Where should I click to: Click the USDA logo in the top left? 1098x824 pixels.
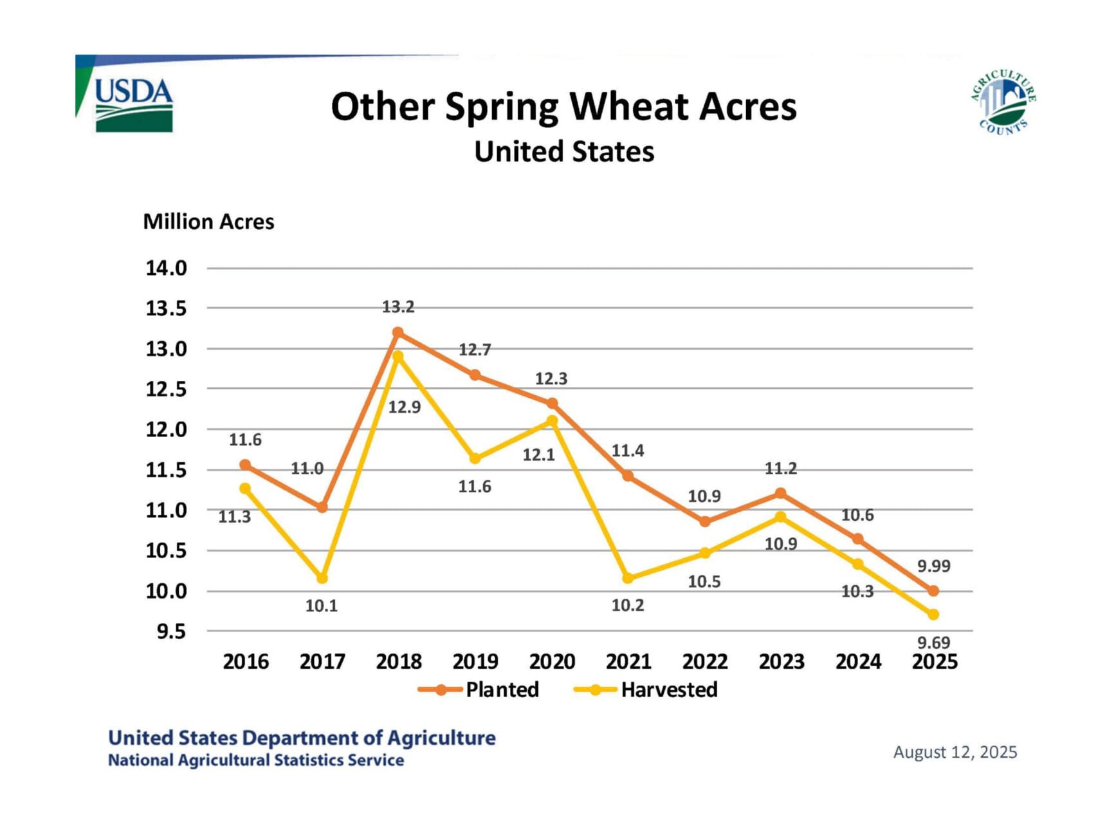(x=133, y=104)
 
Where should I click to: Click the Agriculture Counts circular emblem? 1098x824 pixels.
(x=1003, y=102)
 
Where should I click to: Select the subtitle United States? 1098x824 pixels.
(x=564, y=152)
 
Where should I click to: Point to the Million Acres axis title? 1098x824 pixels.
(x=208, y=221)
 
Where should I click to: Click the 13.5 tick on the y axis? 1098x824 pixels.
(x=166, y=308)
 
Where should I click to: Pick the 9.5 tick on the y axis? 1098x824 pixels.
(x=171, y=632)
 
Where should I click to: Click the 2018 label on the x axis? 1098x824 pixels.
(x=399, y=662)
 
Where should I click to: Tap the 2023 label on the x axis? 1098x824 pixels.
(x=782, y=662)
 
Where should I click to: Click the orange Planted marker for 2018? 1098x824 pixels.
(x=398, y=333)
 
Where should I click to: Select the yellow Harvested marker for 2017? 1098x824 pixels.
(x=322, y=578)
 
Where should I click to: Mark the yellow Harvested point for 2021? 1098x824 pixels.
(x=628, y=578)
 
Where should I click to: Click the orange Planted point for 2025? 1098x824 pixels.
(x=933, y=590)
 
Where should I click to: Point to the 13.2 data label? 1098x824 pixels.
(x=398, y=307)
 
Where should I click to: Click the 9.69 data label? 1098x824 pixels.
(x=933, y=642)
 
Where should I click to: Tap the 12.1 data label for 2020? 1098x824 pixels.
(x=538, y=455)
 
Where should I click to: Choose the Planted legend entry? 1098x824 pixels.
(x=502, y=689)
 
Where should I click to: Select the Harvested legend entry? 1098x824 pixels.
(x=669, y=689)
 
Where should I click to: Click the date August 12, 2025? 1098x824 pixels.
(x=955, y=752)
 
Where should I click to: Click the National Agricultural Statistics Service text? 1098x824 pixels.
(x=256, y=760)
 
